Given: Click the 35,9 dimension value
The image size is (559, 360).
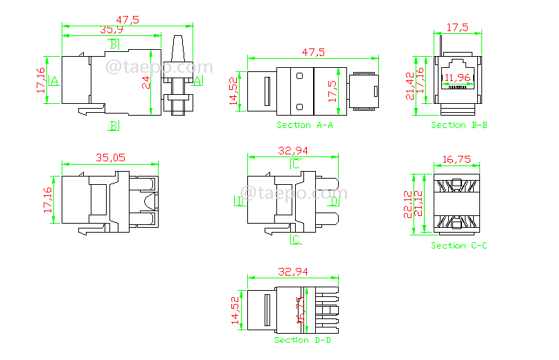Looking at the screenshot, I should [112, 30].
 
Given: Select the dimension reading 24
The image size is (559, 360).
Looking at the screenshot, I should [146, 82].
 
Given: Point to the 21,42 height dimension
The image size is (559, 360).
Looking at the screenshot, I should [411, 85].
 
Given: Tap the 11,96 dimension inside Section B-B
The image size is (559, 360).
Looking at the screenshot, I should [457, 77].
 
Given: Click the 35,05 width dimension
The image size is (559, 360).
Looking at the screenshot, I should [111, 158].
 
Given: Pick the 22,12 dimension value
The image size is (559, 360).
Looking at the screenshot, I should [408, 204].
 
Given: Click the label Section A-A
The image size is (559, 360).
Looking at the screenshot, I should [305, 125].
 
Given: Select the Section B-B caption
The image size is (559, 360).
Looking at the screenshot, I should [459, 125].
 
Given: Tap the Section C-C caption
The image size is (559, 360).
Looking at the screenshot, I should [459, 246].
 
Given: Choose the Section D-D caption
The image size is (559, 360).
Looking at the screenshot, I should [301, 341].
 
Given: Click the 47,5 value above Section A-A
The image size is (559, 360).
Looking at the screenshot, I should [314, 52].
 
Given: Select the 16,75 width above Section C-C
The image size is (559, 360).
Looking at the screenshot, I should [457, 159].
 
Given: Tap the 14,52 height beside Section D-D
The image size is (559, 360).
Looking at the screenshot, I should [235, 310].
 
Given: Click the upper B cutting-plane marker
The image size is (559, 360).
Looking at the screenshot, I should [114, 44].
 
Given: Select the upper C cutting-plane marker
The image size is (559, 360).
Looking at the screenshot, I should [296, 163].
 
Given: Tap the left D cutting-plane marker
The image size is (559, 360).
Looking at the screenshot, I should [238, 201].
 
